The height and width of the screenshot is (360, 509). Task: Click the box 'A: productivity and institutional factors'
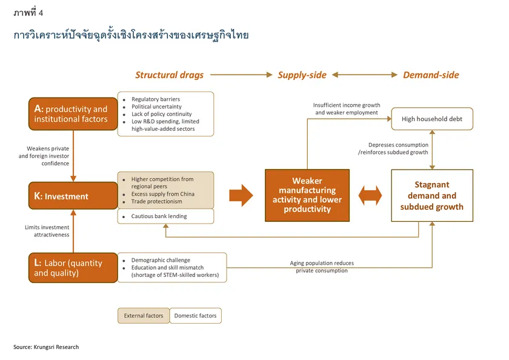72,114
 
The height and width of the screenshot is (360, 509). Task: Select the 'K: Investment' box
72,196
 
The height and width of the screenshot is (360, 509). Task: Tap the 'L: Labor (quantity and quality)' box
72,268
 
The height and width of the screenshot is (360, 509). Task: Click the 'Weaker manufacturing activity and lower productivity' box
307,195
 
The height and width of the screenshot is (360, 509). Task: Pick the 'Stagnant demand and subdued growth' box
431,195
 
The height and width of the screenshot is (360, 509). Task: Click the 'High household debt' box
431,119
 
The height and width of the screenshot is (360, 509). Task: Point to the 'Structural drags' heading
169,75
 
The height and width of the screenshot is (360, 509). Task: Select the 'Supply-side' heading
302,75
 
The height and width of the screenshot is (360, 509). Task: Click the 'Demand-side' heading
431,75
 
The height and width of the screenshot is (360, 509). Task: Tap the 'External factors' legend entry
144,316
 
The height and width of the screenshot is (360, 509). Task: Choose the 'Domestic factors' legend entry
195,316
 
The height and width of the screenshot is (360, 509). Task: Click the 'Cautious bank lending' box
159,216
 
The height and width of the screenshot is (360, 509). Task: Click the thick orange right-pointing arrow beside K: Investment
241,195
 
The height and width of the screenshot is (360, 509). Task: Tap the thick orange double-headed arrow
370,195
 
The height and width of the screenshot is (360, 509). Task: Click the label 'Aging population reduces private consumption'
322,267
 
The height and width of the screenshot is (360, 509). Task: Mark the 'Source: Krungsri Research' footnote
46,347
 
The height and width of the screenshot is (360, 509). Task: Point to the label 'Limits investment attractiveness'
47,231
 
